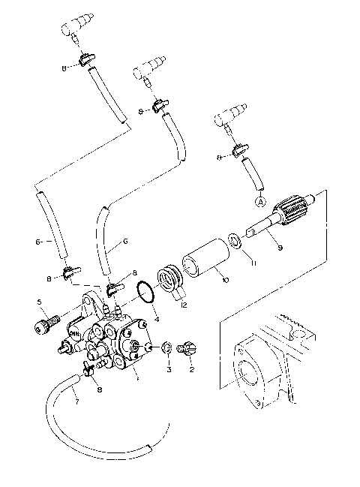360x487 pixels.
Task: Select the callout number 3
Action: click(x=169, y=370)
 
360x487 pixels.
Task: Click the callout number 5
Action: click(x=40, y=302)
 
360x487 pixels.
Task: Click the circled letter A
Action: click(x=260, y=201)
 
